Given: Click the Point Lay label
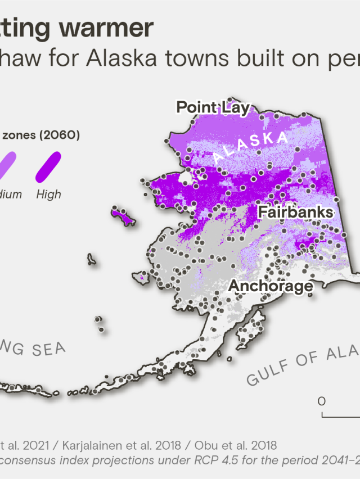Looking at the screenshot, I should [213, 107].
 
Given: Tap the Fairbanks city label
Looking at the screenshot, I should [295, 212].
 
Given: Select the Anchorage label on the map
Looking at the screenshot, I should [270, 286].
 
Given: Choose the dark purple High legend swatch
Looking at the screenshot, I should [49, 168].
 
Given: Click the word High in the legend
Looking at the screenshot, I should [48, 195].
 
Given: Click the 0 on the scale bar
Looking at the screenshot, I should [322, 401].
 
